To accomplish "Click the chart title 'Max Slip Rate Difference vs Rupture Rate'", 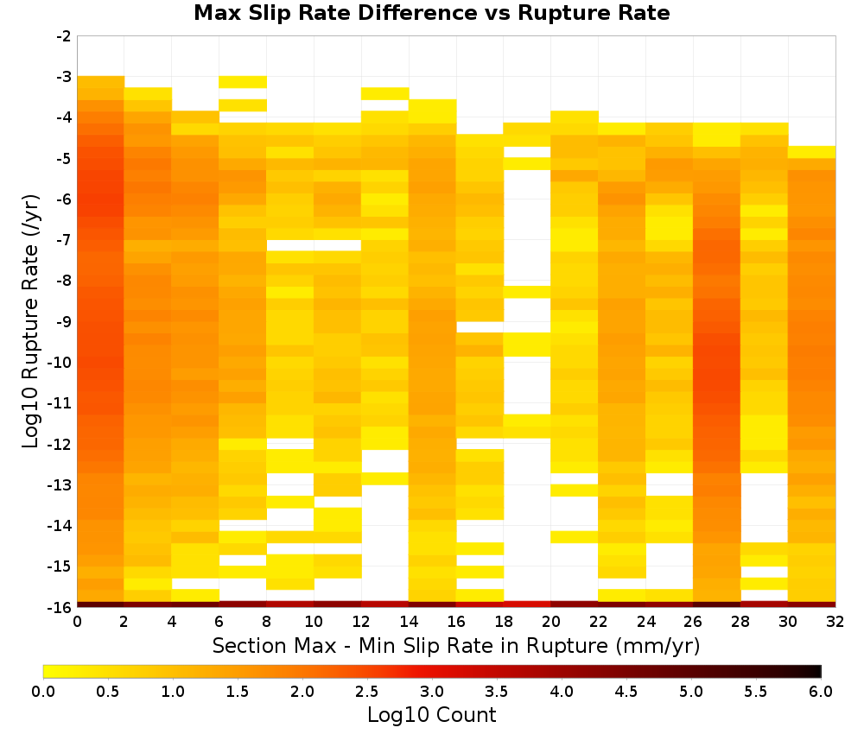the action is [431, 13].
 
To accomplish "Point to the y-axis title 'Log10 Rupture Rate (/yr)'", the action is [31, 321].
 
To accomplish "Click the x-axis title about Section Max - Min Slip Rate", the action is [455, 645].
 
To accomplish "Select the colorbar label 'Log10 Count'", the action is [431, 715].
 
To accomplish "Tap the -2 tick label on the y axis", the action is [64, 36].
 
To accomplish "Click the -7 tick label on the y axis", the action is [64, 240].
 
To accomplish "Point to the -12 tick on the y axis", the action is [60, 444].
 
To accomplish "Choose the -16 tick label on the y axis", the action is [60, 607].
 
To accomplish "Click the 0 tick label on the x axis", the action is [77, 622].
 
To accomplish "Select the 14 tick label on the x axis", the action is [409, 622].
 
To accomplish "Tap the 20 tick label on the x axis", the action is [551, 622].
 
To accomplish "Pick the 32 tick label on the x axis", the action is [835, 622].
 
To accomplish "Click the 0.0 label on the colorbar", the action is [43, 692].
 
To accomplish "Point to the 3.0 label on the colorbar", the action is [432, 692].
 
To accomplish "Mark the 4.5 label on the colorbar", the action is [626, 692].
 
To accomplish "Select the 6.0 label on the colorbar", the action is [821, 692].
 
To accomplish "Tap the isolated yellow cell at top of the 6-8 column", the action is [243, 82].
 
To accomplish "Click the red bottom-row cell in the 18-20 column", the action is [527, 604].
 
